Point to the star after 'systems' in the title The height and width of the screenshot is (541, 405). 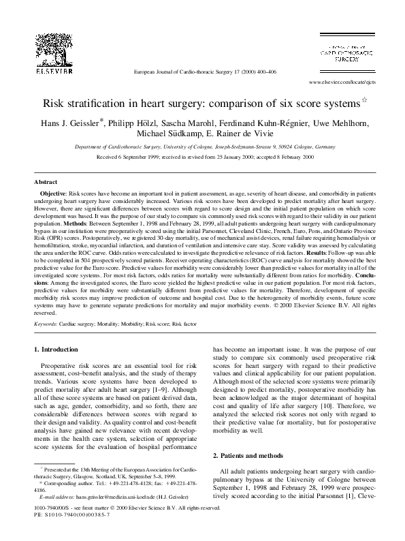click(363, 102)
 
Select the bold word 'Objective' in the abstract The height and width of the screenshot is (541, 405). click(57, 194)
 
